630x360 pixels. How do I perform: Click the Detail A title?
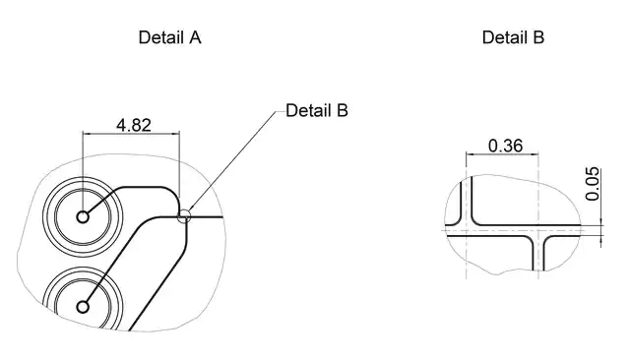tap(169, 37)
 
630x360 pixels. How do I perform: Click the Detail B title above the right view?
tap(513, 37)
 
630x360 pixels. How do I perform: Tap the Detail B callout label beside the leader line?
tap(317, 110)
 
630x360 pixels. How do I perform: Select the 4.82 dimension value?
tap(134, 125)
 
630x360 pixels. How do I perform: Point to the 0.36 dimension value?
tap(505, 146)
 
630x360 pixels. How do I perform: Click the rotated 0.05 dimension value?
tap(593, 184)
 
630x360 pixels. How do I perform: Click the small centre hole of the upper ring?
tap(83, 217)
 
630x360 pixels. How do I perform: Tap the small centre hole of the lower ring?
tap(83, 307)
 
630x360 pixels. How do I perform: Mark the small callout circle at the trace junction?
tap(184, 215)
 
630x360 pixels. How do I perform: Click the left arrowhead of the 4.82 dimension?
tap(86, 133)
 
